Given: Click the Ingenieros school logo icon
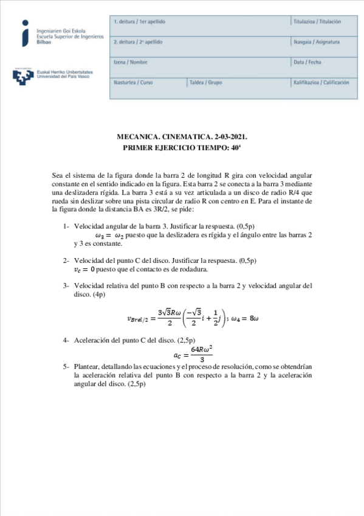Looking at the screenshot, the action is pyautogui.click(x=25, y=33).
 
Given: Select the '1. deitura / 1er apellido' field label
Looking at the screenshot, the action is pyautogui.click(x=139, y=22).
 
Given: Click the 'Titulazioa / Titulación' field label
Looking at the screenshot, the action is pyautogui.click(x=317, y=22).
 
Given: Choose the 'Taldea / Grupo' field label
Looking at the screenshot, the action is pyautogui.click(x=205, y=82).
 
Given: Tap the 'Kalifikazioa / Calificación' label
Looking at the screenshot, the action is pyautogui.click(x=321, y=82).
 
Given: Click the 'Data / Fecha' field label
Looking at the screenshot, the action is pyautogui.click(x=307, y=62).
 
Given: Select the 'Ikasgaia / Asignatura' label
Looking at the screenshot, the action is pyautogui.click(x=316, y=42).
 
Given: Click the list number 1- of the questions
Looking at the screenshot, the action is pyautogui.click(x=66, y=226).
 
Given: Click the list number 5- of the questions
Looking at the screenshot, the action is pyautogui.click(x=66, y=367).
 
